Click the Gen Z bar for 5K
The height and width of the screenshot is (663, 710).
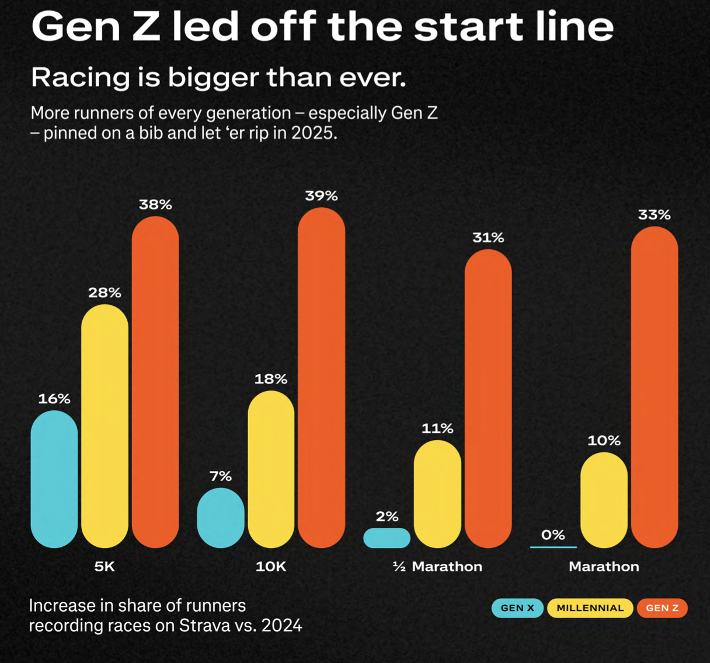tap(155, 382)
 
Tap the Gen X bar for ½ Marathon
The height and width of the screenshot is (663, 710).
tap(387, 538)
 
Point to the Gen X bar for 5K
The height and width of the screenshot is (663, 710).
tap(54, 479)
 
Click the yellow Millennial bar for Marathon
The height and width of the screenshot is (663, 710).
tap(604, 500)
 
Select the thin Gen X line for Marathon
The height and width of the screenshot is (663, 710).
tap(554, 547)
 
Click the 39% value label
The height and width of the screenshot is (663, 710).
tap(321, 196)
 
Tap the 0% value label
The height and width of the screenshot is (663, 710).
tap(553, 535)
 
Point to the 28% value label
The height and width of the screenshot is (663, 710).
tap(105, 293)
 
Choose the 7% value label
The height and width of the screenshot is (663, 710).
tap(221, 476)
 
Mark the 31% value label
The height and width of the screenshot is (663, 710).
tap(488, 238)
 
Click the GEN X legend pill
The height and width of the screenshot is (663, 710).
tap(517, 608)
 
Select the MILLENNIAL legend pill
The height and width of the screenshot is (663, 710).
tap(590, 608)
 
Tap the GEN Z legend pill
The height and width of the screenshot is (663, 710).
tap(662, 608)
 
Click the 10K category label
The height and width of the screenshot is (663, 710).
tap(271, 567)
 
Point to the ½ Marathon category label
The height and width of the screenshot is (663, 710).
tap(438, 567)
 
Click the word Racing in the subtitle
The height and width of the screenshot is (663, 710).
tap(81, 78)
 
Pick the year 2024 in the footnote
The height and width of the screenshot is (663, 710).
tap(282, 626)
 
